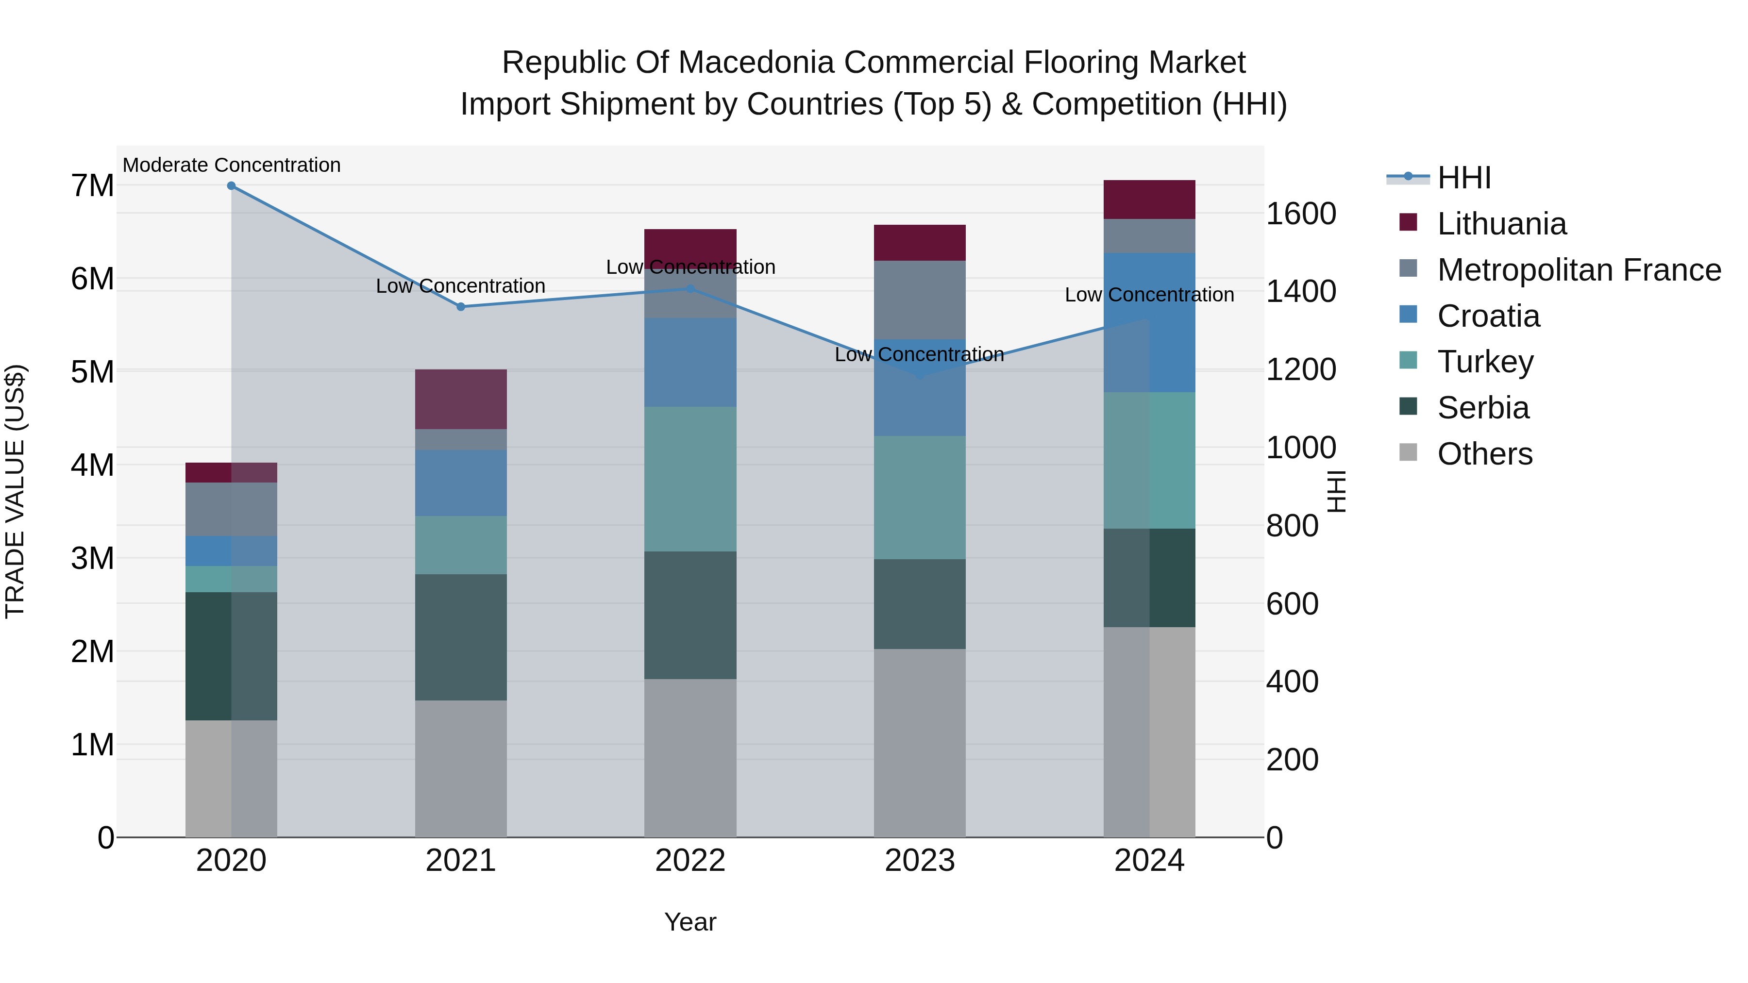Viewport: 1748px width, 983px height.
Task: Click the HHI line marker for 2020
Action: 232,186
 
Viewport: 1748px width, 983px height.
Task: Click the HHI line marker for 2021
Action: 461,307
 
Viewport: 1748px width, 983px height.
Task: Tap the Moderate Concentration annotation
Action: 232,165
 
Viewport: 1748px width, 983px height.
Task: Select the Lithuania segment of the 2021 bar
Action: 461,399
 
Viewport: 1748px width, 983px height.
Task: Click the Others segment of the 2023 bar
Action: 920,743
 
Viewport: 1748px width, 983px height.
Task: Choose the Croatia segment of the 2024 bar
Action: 1149,322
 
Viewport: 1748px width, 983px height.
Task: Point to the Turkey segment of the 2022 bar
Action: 690,479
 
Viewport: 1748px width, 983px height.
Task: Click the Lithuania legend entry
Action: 1502,224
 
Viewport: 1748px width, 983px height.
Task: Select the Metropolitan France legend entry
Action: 1579,270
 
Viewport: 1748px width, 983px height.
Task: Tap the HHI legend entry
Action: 1463,178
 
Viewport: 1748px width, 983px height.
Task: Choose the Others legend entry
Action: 1485,454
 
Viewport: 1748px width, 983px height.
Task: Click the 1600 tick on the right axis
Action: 1301,214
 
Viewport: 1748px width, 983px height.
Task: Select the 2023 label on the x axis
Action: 920,861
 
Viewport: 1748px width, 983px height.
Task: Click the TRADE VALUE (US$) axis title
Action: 15,491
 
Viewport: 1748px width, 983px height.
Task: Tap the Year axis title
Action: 690,922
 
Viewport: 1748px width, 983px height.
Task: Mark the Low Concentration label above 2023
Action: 920,354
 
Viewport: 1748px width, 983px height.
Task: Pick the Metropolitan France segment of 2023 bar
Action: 920,300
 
